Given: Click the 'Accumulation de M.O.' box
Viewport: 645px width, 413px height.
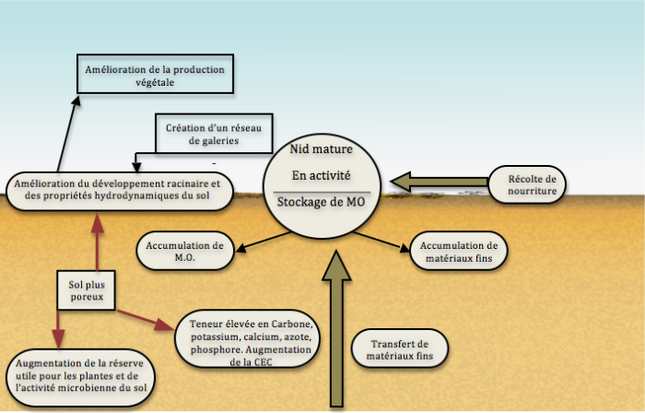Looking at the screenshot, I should pos(185,250).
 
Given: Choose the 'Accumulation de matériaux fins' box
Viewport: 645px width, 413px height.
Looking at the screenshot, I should pos(458,250).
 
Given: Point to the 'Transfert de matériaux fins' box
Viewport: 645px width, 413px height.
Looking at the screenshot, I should pos(399,347).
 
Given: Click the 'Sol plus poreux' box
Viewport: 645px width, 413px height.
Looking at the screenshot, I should pos(85,289).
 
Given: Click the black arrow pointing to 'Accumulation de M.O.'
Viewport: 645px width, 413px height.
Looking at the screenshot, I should pos(262,238).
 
